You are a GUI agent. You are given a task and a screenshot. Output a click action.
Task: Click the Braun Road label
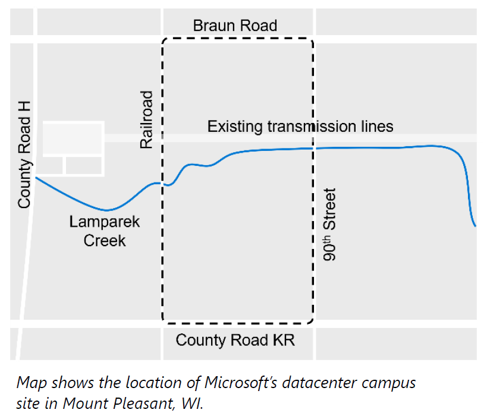[x=235, y=26]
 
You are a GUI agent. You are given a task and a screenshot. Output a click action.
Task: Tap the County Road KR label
[x=235, y=341]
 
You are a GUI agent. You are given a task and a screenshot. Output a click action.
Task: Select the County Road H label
[x=24, y=155]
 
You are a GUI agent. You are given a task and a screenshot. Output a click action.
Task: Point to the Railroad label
[x=146, y=119]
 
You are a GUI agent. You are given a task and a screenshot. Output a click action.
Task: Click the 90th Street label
[x=329, y=225]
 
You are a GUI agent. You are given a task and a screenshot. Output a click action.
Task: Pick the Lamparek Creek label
[x=105, y=231]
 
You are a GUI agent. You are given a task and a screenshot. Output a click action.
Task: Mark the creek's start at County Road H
[x=36, y=177]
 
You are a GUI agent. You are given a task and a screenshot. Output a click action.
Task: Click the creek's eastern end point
[x=475, y=226]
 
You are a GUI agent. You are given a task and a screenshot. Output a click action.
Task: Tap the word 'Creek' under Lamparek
[x=105, y=241]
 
